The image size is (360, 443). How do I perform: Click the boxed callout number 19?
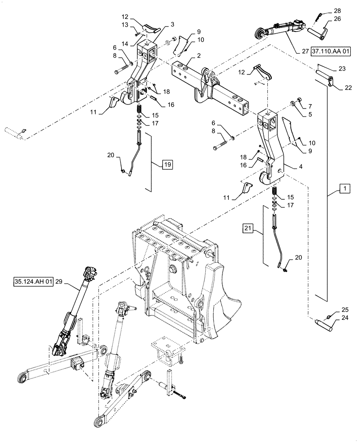click(168, 164)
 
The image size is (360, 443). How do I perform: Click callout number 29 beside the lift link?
click(60, 282)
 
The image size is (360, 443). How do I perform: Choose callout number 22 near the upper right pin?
click(347, 87)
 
